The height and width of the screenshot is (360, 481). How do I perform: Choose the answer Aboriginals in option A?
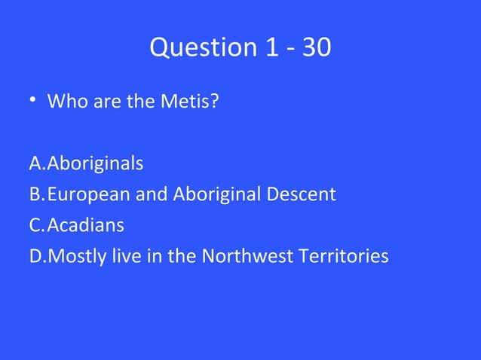pos(96,163)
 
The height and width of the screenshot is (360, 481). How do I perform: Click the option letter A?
pos(36,163)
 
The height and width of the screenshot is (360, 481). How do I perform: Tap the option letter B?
pos(35,194)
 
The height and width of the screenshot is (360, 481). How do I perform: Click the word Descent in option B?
pos(301,194)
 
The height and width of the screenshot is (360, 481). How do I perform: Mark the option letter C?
pos(35,226)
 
